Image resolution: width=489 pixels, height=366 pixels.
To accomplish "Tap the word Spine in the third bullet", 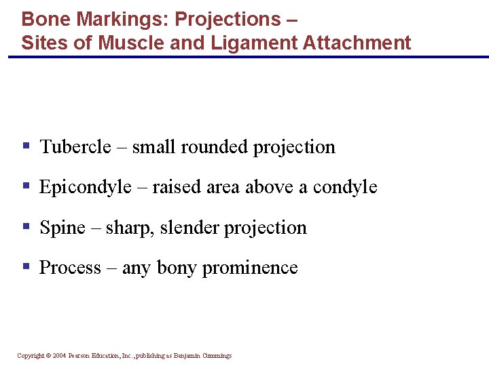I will tap(62, 228).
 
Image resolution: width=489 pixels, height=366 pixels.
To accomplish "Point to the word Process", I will tap(70, 268).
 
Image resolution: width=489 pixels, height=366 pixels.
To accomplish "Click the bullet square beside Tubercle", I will tap(26, 146).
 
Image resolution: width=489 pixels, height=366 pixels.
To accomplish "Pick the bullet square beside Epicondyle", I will tap(26, 186).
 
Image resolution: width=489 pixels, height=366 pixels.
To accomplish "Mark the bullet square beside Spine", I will tap(26, 226).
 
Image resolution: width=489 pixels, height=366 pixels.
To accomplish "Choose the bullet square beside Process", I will tap(26, 266).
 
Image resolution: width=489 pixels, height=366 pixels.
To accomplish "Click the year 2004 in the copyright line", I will tap(60, 355).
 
